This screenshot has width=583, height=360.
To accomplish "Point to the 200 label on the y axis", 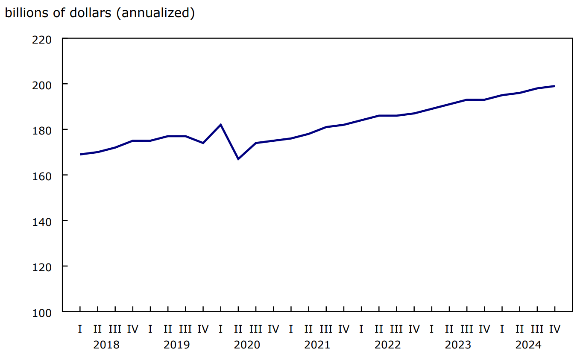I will point(42,85).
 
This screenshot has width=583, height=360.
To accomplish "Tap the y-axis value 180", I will point(42,130).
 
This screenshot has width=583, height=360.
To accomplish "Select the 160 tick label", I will point(42,176).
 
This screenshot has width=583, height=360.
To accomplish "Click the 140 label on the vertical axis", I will point(42,221).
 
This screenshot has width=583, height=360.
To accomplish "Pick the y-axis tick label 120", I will point(42,266).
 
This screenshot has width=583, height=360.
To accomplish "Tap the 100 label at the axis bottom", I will point(42,312).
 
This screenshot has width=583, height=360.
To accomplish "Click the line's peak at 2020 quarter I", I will point(220,125).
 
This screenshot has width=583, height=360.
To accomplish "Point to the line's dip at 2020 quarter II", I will point(238,159).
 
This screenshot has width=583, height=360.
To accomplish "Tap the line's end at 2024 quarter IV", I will point(554,86).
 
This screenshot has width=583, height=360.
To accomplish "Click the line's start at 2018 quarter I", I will point(80,154).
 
